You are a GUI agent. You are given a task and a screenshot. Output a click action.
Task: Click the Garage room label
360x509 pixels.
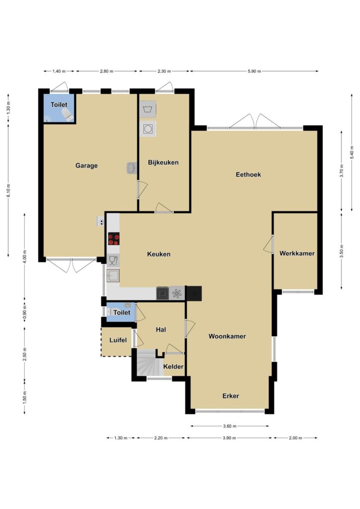(87, 166)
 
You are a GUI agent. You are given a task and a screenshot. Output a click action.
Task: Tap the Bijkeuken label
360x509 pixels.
(163, 163)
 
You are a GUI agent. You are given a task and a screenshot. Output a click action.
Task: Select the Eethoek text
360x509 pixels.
(248, 174)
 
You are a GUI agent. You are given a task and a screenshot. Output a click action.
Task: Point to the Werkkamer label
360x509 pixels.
(297, 253)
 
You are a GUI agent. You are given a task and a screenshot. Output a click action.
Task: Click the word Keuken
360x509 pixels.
(159, 254)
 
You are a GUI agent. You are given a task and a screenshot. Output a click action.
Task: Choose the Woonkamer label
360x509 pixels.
(227, 337)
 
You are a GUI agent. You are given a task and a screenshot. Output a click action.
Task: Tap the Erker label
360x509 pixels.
(231, 396)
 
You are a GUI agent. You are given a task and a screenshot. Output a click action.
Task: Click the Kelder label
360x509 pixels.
(174, 367)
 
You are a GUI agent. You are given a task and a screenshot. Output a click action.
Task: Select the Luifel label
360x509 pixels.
(118, 340)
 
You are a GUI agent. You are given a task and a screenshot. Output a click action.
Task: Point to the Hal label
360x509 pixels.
(161, 330)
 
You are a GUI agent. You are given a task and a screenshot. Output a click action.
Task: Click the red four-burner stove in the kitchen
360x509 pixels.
(113, 239)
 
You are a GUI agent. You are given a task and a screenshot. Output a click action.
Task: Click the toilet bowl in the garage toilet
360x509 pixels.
(67, 115)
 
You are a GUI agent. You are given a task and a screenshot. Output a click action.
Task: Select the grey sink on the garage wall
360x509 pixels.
(132, 168)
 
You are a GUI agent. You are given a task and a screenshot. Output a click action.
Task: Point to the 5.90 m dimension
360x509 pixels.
(254, 72)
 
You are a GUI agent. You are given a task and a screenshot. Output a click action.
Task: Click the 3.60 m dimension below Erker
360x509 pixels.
(230, 426)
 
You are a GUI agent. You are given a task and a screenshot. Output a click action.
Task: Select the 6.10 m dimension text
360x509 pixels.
(9, 190)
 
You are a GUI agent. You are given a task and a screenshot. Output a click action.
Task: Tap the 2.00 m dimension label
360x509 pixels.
(295, 438)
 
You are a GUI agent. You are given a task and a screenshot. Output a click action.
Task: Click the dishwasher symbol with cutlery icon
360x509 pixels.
(113, 260)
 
